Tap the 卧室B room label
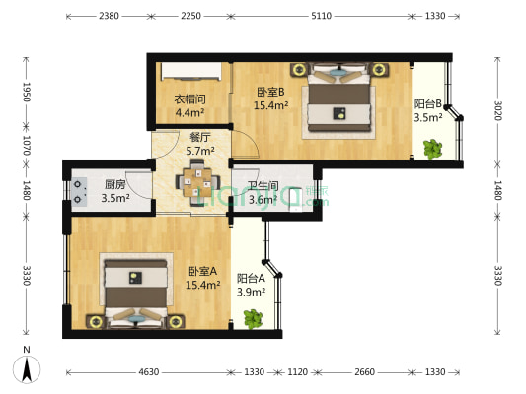click(x=270, y=98)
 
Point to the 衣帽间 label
click(x=189, y=104)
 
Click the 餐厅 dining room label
click(x=201, y=144)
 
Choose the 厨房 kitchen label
click(x=114, y=190)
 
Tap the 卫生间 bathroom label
click(x=263, y=192)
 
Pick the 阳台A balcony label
click(x=252, y=285)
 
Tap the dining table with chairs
click(x=197, y=181)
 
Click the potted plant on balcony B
click(x=431, y=149)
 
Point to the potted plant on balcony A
click(x=253, y=318)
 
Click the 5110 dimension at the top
click(x=322, y=16)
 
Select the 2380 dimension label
click(x=110, y=16)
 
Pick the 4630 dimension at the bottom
click(x=149, y=372)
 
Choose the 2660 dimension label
click(x=365, y=372)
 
